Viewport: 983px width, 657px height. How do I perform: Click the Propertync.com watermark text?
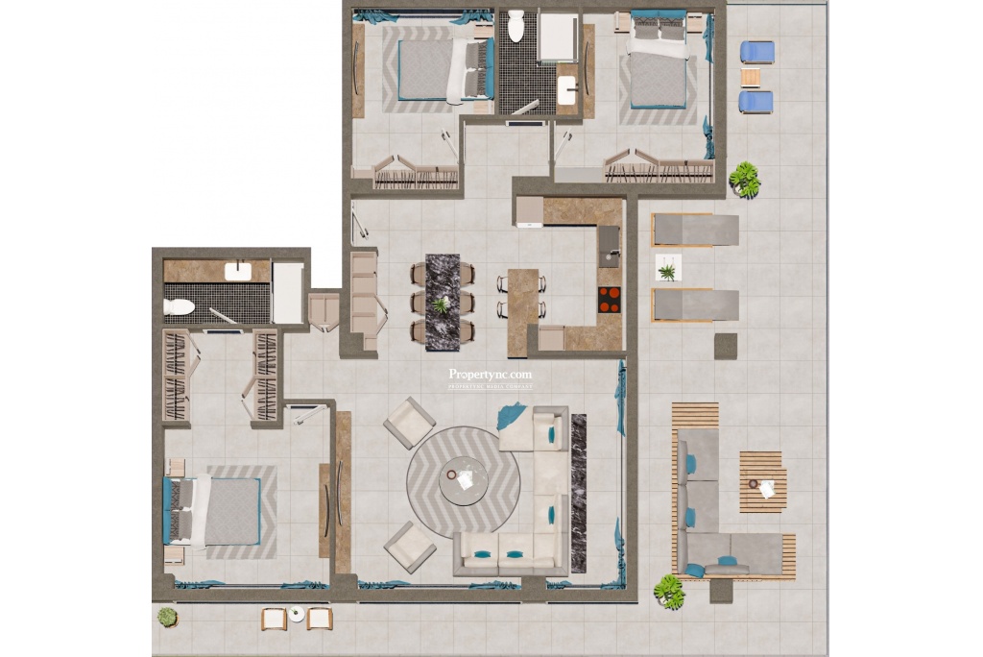point(490,376)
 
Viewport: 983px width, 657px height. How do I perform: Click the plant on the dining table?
point(442,305)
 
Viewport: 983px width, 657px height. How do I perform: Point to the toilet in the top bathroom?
point(516,26)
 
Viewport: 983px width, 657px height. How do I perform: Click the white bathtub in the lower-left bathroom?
point(288,293)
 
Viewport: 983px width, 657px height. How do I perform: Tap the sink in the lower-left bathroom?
point(238,272)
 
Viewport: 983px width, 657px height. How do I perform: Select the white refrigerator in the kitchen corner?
point(529,212)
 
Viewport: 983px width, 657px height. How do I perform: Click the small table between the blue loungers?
point(751,78)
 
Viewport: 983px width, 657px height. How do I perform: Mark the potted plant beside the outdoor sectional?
point(669,591)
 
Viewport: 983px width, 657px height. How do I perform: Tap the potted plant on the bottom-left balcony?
point(168,617)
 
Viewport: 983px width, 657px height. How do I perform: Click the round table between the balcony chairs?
point(297,615)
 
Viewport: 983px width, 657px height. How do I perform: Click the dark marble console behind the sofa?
point(579,493)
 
